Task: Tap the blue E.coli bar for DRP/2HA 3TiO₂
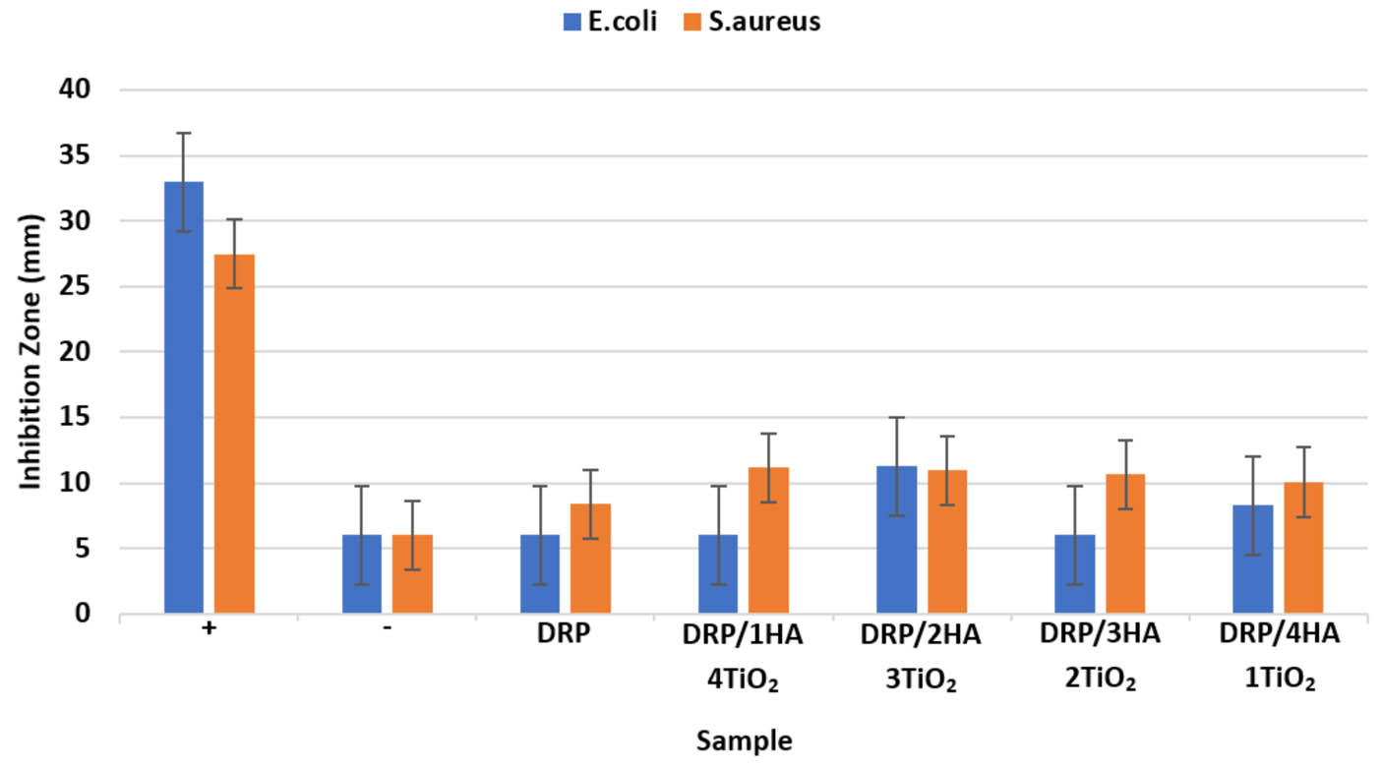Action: point(897,541)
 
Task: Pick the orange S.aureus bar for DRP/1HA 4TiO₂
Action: point(768,541)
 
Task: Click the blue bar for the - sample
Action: point(362,575)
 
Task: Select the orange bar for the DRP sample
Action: point(590,560)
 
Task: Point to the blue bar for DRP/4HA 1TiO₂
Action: point(1253,560)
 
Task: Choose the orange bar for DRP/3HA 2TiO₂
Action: point(1125,545)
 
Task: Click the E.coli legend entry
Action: point(610,20)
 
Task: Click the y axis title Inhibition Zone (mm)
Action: point(31,351)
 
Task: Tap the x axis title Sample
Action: point(744,740)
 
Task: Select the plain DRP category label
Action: point(565,635)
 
